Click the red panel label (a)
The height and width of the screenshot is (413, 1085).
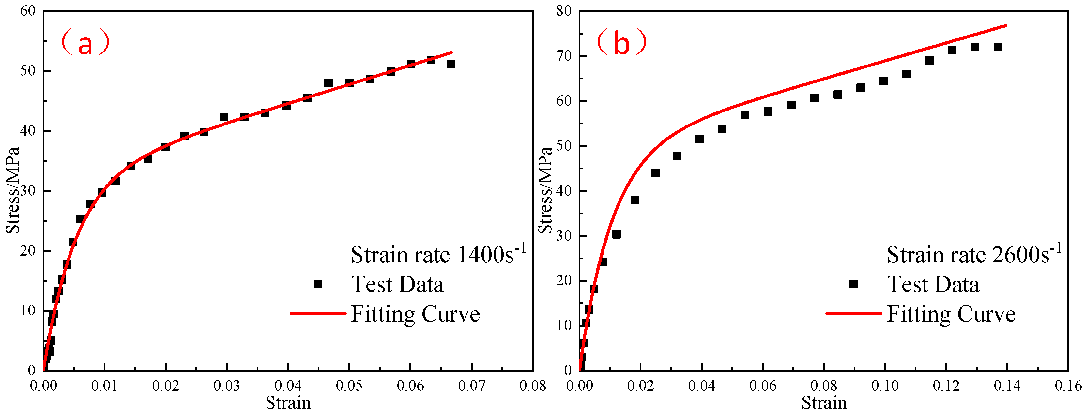click(85, 42)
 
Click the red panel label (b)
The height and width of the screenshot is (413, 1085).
click(622, 42)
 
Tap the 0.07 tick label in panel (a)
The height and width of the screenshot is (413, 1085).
click(471, 385)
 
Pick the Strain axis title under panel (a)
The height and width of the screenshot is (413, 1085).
click(288, 403)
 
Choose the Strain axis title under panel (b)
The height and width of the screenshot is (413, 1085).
click(824, 403)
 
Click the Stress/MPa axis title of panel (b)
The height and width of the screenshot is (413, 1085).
click(546, 190)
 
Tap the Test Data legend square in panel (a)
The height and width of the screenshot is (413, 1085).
click(318, 284)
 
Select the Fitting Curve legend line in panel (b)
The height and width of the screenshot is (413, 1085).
click(854, 314)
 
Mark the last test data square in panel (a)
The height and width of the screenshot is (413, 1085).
click(451, 64)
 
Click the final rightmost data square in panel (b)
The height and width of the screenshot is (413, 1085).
click(998, 47)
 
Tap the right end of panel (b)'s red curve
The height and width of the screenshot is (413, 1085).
click(1006, 26)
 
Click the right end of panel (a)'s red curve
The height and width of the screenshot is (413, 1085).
click(451, 52)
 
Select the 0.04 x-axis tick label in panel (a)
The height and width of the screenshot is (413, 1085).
click(288, 385)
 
